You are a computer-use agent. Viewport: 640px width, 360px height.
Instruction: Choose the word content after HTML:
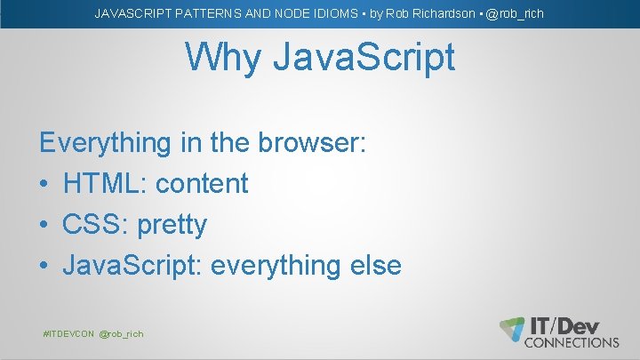(201, 183)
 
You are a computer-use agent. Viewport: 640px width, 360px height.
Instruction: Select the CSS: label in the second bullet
(96, 224)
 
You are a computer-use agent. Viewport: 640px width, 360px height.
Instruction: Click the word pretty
(172, 225)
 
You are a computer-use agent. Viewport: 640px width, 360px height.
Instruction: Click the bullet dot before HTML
(44, 184)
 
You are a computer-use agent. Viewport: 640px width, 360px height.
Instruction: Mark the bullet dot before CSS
(44, 225)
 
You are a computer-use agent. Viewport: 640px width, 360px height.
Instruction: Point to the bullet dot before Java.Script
(44, 266)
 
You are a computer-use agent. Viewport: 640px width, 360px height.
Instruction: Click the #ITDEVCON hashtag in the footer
(68, 333)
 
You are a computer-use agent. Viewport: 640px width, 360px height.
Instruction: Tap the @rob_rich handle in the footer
(121, 333)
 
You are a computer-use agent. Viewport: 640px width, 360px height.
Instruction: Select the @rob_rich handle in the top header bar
(515, 13)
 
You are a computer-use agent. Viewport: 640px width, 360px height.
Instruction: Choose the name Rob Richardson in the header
(423, 13)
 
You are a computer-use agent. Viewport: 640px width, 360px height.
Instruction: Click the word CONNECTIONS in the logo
(572, 341)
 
